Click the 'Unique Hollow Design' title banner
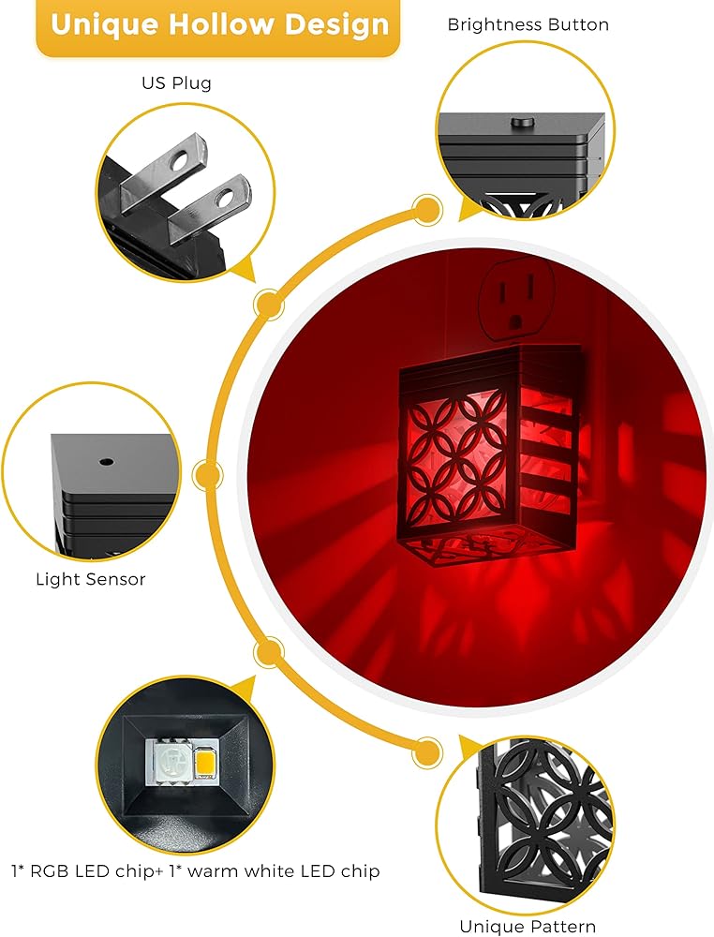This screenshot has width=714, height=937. [218, 25]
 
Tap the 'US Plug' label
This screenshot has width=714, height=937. [176, 82]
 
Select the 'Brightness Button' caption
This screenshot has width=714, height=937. [528, 24]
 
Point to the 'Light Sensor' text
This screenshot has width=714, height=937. [91, 579]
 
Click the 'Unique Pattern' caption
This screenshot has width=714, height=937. [527, 926]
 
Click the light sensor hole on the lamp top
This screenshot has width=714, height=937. [106, 462]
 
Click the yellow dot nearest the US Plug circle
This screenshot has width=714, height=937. [268, 303]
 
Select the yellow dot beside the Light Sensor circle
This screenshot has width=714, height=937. [207, 476]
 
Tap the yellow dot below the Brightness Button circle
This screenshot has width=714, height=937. [428, 207]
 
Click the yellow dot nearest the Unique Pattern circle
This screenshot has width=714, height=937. [427, 751]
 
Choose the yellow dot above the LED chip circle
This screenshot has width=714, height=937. [269, 650]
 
